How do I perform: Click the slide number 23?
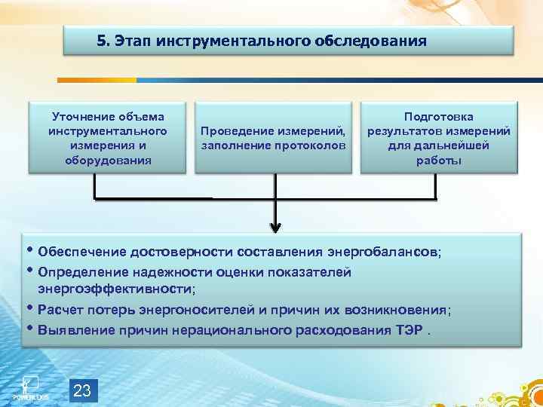[82, 390]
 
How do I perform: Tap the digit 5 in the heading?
[101, 41]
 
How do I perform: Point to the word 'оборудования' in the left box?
[108, 160]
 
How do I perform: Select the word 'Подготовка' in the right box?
[438, 116]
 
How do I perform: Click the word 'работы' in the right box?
[438, 160]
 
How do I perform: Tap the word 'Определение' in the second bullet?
[82, 272]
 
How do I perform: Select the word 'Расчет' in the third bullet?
[63, 310]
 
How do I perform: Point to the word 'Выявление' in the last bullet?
[75, 329]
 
